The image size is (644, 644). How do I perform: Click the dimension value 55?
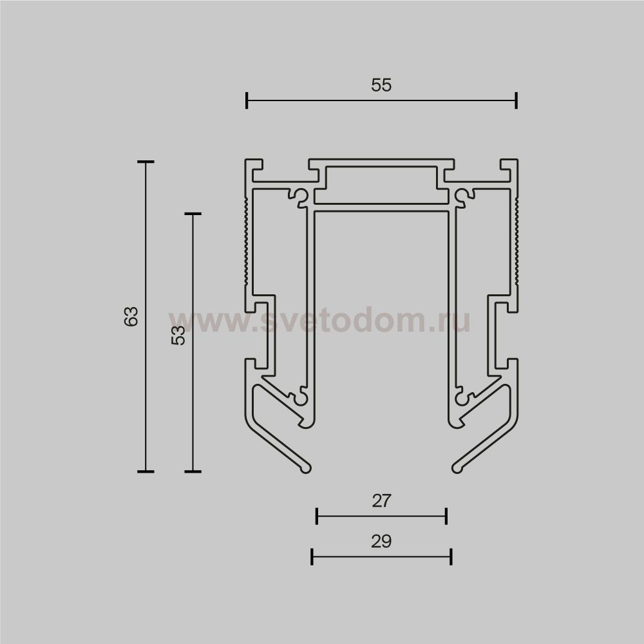(x=381, y=85)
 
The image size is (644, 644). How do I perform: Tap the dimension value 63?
(x=131, y=316)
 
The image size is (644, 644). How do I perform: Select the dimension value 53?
(x=178, y=335)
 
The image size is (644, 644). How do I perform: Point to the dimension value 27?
(x=381, y=500)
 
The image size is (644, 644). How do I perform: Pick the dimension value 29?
(x=381, y=542)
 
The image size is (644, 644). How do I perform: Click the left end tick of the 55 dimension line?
(x=247, y=100)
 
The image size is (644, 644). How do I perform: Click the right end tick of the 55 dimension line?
(x=516, y=100)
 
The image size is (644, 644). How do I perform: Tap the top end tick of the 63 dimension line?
(x=146, y=162)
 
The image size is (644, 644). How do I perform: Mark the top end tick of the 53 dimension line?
(x=193, y=214)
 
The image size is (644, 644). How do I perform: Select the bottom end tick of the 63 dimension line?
(x=146, y=471)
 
